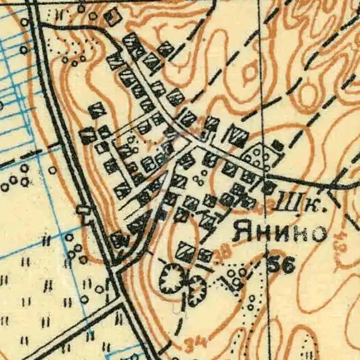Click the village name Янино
click(x=280, y=232)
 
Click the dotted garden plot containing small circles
click(x=258, y=155)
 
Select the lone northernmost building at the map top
click(x=112, y=17)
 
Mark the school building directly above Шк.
click(x=270, y=186)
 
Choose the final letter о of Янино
click(x=320, y=233)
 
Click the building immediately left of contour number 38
click(x=204, y=255)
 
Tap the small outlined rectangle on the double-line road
click(x=82, y=210)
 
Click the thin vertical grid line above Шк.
click(x=263, y=95)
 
